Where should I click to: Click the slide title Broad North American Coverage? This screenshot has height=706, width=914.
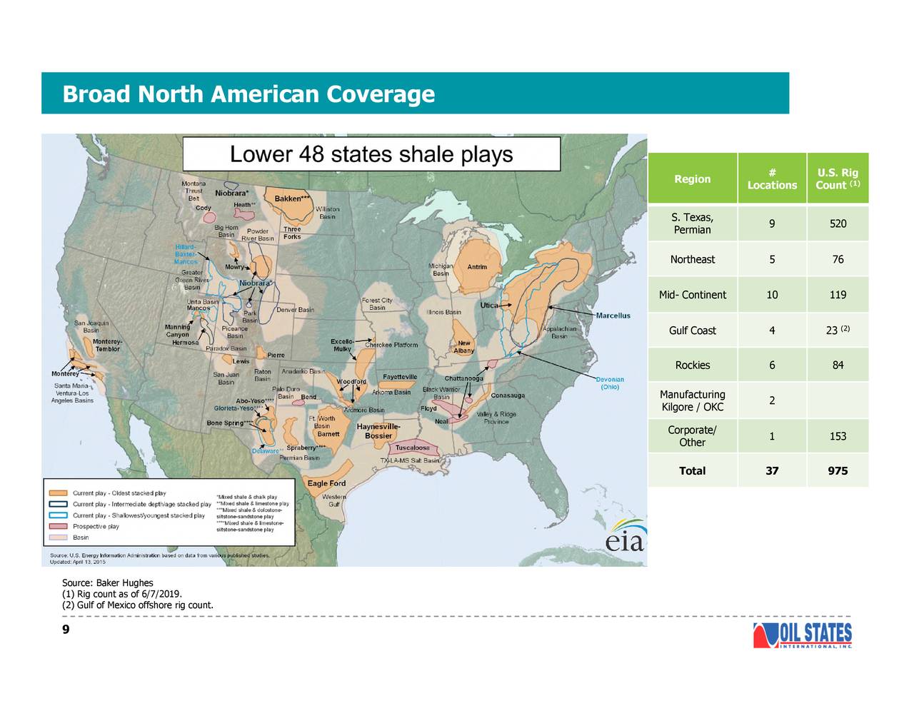248,94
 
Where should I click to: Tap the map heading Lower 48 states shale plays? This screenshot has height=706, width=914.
371,154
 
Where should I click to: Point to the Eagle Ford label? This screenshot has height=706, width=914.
326,483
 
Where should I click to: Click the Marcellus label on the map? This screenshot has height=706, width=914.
613,316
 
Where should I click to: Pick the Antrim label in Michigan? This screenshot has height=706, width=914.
477,267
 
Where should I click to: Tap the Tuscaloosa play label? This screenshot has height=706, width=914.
413,448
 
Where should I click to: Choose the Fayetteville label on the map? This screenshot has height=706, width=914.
400,377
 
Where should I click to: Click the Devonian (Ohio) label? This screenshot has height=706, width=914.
610,383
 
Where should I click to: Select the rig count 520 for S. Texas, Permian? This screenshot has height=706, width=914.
838,223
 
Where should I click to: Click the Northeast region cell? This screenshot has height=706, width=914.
692,259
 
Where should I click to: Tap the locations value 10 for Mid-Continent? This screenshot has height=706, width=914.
772,295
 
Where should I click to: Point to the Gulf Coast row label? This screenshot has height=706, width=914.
692,331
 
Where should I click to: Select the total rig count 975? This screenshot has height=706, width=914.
838,470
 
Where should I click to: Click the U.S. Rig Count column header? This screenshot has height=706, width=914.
838,178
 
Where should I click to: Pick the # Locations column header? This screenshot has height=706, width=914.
772,178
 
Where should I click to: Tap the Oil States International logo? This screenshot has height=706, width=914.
803,635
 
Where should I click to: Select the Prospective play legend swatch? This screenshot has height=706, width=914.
59,526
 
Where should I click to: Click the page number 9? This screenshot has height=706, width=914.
66,629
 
